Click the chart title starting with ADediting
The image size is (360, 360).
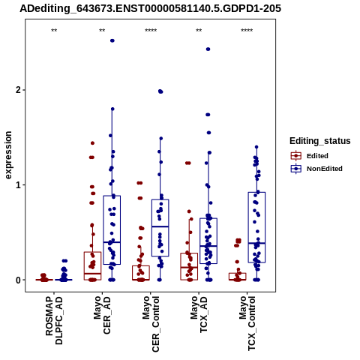tap(150, 9)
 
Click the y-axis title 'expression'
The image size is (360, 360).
tap(8, 155)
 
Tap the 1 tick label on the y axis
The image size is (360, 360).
tap(19, 185)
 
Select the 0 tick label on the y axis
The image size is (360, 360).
tap(19, 280)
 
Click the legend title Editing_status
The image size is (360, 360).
tap(320, 141)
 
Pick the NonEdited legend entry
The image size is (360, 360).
tap(316, 169)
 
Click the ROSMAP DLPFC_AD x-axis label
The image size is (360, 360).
tap(54, 320)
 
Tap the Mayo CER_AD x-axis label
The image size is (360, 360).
tap(102, 315)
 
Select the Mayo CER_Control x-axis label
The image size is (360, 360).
tap(151, 324)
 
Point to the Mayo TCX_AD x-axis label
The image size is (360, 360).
tap(199, 314)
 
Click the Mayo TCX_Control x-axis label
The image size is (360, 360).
tap(247, 323)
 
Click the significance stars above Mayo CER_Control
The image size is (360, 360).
tap(151, 31)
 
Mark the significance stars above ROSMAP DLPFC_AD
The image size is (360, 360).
tap(54, 31)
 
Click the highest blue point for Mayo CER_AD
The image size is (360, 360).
tap(112, 40)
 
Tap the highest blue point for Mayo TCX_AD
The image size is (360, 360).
tap(208, 49)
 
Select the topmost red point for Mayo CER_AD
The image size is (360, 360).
tap(92, 143)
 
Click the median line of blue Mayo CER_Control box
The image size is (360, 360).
tap(160, 226)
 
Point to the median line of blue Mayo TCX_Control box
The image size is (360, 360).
tap(256, 243)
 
